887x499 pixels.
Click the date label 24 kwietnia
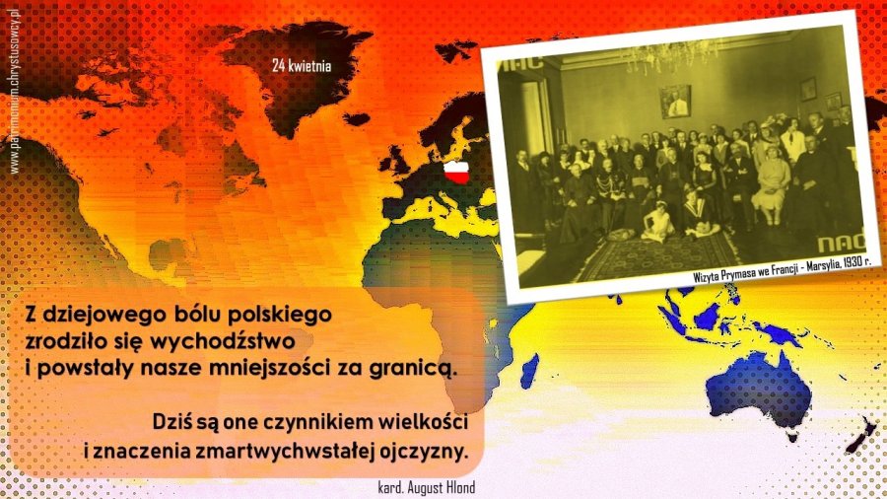tap(302, 66)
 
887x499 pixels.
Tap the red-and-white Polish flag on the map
tap(456, 172)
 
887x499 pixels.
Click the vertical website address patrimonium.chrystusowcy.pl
tap(14, 90)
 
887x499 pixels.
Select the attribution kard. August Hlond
tap(427, 487)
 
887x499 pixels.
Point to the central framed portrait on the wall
tap(675, 102)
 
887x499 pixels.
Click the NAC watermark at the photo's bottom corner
tap(841, 243)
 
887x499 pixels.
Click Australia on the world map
tap(763, 391)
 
